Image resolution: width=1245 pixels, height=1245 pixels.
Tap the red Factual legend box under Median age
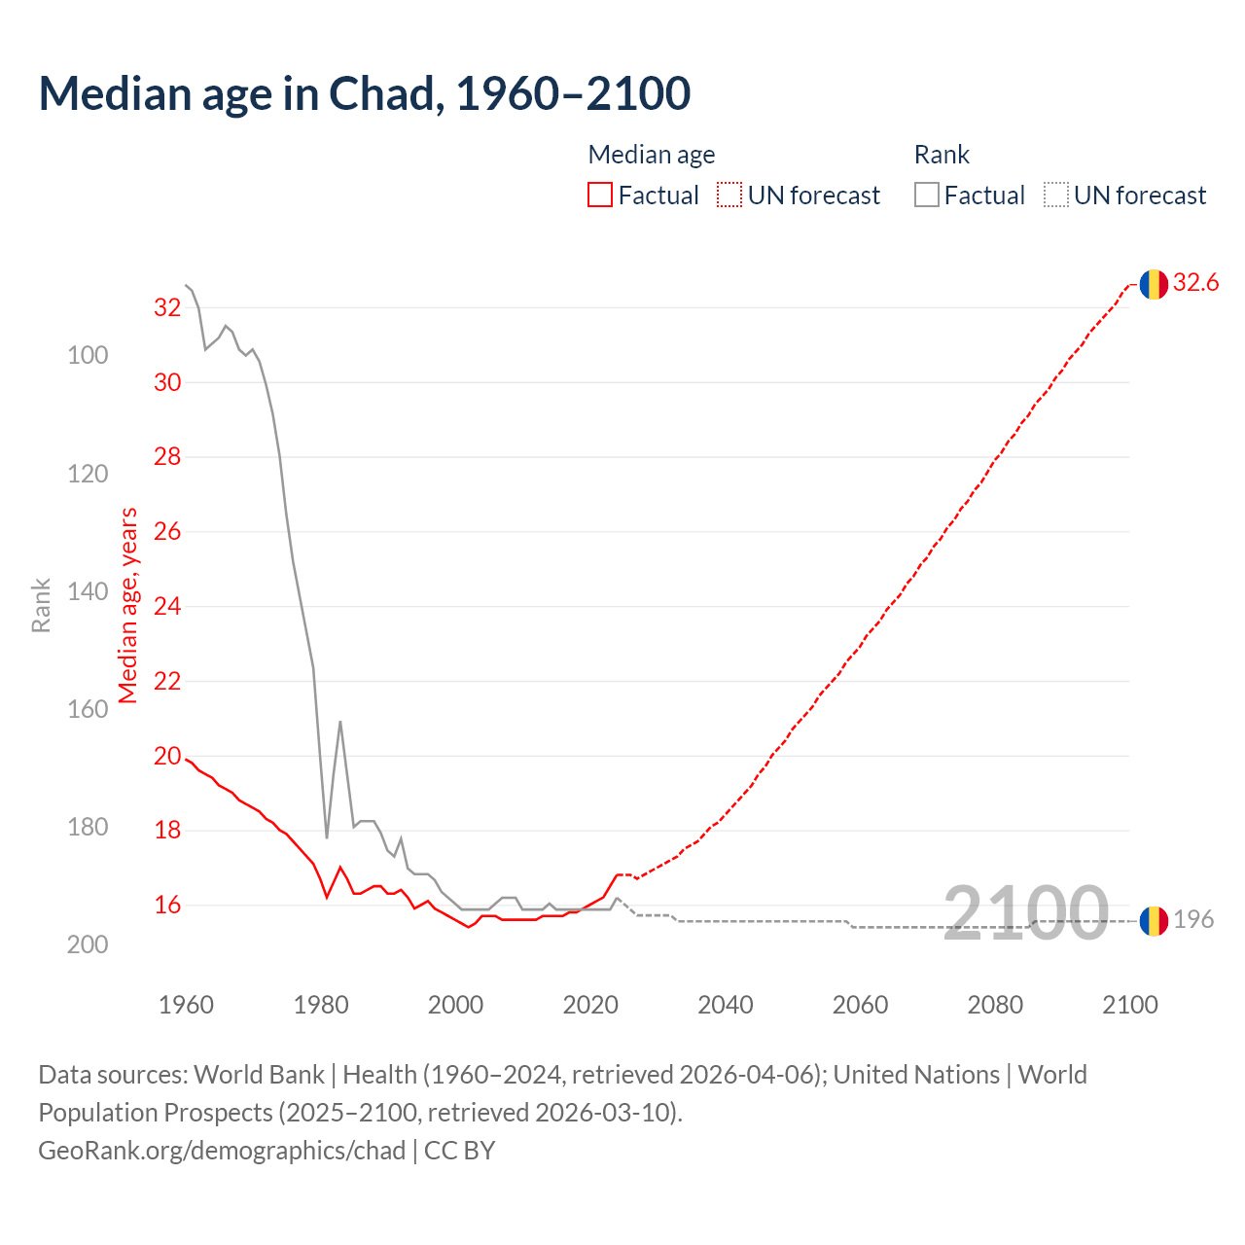[600, 196]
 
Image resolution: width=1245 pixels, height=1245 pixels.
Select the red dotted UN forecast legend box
[729, 196]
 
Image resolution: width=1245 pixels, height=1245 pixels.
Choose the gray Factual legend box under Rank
[927, 196]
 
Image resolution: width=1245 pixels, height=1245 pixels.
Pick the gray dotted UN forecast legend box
[1056, 196]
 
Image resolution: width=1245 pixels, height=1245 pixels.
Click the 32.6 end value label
[1195, 283]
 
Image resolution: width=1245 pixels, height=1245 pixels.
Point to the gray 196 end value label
[1193, 919]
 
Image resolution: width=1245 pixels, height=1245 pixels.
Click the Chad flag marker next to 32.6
[1154, 284]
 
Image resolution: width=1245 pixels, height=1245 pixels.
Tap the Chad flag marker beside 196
[1154, 920]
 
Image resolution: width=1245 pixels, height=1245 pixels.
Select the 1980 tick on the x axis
[321, 1005]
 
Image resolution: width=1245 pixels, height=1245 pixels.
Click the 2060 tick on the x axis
[860, 1005]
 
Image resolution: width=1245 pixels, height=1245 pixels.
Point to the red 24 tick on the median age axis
[167, 607]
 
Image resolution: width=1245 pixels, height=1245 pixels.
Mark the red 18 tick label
[167, 831]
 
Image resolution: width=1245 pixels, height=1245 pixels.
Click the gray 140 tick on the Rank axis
[88, 591]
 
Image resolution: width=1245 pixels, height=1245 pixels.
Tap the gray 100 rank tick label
[88, 356]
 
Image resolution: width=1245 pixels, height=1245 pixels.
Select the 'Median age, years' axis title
[128, 605]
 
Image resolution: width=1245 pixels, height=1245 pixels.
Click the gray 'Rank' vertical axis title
[41, 605]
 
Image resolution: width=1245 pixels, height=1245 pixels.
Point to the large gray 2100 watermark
[1025, 912]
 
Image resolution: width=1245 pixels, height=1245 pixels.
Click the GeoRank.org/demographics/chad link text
[222, 1151]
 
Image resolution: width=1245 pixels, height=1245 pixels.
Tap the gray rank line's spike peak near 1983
[340, 722]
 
